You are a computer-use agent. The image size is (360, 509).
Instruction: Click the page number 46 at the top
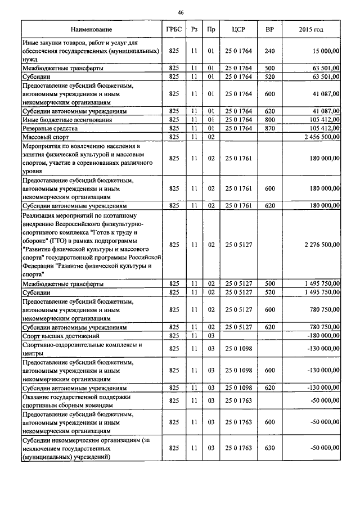(x=180, y=12)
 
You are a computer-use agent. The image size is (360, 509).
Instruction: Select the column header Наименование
(x=91, y=29)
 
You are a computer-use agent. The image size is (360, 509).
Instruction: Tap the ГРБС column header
(x=174, y=29)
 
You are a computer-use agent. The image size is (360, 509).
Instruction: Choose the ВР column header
(x=269, y=29)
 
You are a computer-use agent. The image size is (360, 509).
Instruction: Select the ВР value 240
(x=269, y=51)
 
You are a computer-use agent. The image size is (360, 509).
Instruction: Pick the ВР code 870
(x=269, y=128)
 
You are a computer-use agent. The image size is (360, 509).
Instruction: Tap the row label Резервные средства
(x=46, y=128)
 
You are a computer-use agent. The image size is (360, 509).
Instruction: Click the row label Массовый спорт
(x=42, y=137)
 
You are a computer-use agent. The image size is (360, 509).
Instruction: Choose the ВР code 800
(x=269, y=120)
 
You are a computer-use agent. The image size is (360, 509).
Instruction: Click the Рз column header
(x=194, y=29)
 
